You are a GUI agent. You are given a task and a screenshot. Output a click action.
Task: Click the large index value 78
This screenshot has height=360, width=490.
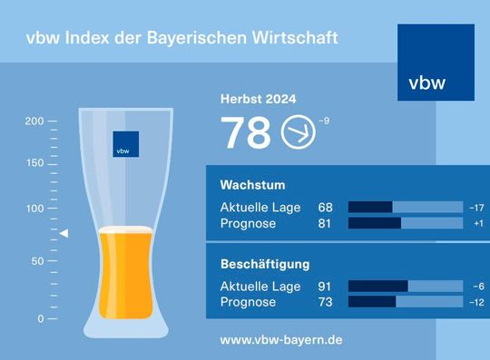pyautogui.click(x=246, y=133)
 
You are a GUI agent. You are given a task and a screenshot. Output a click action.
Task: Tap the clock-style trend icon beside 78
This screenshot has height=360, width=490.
pyautogui.click(x=298, y=132)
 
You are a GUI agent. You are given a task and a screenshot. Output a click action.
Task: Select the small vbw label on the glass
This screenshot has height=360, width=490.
pyautogui.click(x=125, y=144)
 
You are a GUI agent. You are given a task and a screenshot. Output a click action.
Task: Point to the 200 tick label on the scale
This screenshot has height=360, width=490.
pyautogui.click(x=34, y=121)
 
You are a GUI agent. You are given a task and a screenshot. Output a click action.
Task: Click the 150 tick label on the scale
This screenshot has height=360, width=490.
pyautogui.click(x=34, y=164)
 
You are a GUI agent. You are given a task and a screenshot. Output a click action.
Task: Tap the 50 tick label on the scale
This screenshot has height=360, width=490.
pyautogui.click(x=37, y=261)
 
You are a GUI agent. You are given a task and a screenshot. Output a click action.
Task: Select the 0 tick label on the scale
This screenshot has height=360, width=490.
pyautogui.click(x=41, y=319)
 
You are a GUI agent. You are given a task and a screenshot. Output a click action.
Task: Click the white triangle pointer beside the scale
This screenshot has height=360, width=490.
pyautogui.click(x=64, y=234)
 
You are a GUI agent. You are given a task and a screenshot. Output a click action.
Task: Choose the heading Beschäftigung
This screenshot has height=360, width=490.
pyautogui.click(x=266, y=265)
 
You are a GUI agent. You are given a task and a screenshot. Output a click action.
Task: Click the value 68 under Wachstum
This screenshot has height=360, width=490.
pyautogui.click(x=325, y=208)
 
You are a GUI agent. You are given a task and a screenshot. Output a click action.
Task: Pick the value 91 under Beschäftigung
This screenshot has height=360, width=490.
pyautogui.click(x=325, y=287)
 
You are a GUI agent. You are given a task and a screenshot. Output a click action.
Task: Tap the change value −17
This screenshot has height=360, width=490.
pyautogui.click(x=477, y=208)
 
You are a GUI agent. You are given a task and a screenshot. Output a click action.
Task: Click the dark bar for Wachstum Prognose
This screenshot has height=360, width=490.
pyautogui.click(x=375, y=223)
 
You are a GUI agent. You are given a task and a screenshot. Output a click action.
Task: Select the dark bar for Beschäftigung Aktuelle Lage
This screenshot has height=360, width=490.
pyautogui.click(x=377, y=287)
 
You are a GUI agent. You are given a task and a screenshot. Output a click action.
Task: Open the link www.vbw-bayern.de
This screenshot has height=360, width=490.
pyautogui.click(x=281, y=340)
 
